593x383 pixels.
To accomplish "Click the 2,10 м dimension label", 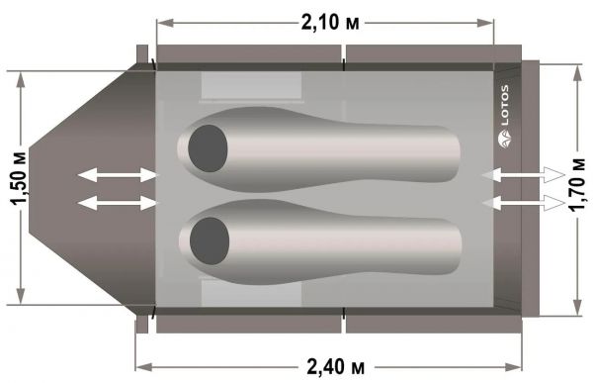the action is pyautogui.click(x=330, y=23).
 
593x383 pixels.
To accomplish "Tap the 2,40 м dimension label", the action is pyautogui.click(x=335, y=367).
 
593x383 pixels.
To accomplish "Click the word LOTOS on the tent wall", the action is pyautogui.click(x=504, y=106).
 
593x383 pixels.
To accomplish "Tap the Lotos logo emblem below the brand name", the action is pyautogui.click(x=504, y=139).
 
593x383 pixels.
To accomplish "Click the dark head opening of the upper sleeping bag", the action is pyautogui.click(x=208, y=148).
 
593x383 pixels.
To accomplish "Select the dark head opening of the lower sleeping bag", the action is pyautogui.click(x=210, y=240).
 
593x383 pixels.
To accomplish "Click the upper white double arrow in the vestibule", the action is pyautogui.click(x=118, y=175).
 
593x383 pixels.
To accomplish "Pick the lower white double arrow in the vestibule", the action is pyautogui.click(x=118, y=203).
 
